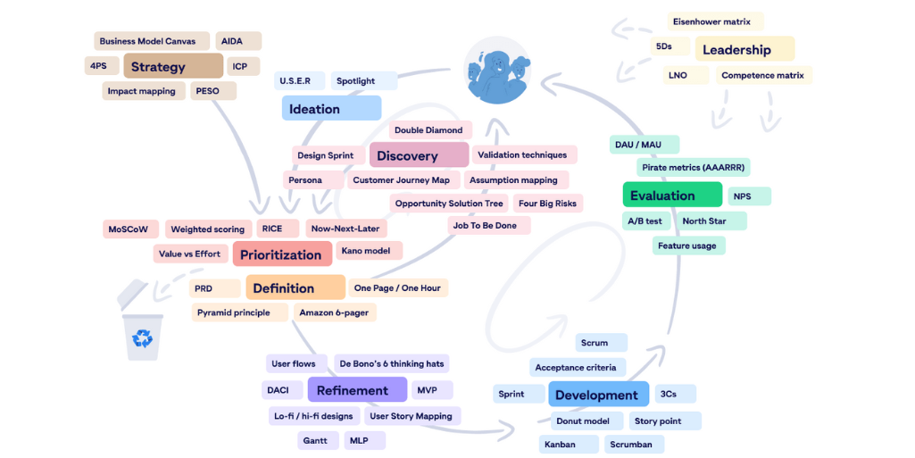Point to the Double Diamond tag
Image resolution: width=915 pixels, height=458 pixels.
click(x=428, y=130)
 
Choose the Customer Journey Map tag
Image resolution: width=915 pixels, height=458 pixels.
click(x=401, y=180)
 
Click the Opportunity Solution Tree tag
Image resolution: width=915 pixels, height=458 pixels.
click(x=449, y=204)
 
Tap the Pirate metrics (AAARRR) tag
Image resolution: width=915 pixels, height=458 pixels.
click(x=693, y=167)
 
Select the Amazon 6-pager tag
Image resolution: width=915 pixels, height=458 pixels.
click(x=335, y=312)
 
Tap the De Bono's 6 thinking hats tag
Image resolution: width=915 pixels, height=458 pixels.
click(x=391, y=364)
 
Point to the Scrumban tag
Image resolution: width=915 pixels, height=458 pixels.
click(x=631, y=444)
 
